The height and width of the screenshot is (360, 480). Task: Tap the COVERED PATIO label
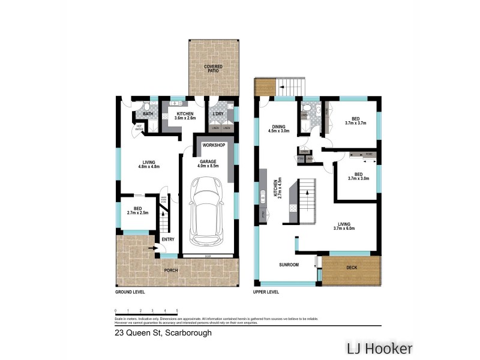coord(212,68)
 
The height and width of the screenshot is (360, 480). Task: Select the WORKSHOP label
coord(213,145)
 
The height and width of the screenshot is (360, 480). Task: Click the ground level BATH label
coord(148,113)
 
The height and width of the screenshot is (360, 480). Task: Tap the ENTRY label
coord(168,239)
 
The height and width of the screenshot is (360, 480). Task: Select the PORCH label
coord(171,271)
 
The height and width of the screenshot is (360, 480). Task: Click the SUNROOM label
coord(289,265)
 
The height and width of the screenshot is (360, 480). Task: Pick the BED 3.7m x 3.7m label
coord(355,121)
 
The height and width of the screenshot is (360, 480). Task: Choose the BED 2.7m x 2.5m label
coord(137,211)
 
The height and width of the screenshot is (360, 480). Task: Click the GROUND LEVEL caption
coord(130,292)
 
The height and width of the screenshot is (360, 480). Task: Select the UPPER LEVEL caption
coord(268,292)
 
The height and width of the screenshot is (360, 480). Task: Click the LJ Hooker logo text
coord(378,348)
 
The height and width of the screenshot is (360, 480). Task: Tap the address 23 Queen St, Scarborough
coord(163,332)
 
